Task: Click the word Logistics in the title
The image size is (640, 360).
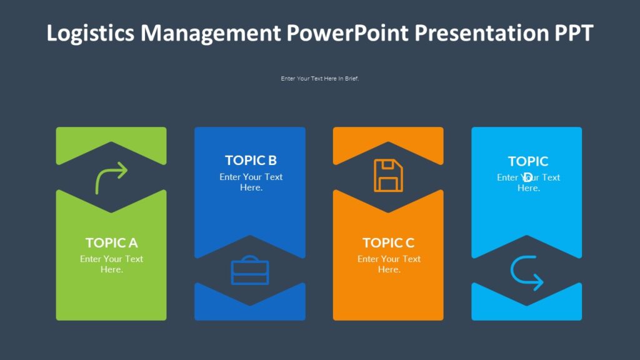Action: (90, 33)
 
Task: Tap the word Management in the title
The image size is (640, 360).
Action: (211, 33)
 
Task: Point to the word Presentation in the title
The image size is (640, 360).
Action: (481, 33)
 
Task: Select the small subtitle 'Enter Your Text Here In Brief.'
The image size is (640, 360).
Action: (319, 79)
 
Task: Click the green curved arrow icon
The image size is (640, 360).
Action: (111, 177)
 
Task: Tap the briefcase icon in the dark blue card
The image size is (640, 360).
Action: (250, 270)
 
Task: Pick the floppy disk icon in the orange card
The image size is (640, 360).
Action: (388, 175)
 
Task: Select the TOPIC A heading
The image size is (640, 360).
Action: (111, 242)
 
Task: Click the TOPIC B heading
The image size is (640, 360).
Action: (251, 161)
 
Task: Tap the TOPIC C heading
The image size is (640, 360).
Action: (388, 242)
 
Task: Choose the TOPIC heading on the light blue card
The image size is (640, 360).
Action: (528, 162)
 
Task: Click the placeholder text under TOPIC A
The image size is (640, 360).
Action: (111, 264)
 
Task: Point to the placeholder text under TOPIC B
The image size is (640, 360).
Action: (251, 182)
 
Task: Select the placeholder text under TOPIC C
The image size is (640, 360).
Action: (389, 264)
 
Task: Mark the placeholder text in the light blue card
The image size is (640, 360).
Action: (529, 182)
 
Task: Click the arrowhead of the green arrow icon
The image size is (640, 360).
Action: (122, 170)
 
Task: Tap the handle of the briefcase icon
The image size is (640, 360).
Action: (250, 258)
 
